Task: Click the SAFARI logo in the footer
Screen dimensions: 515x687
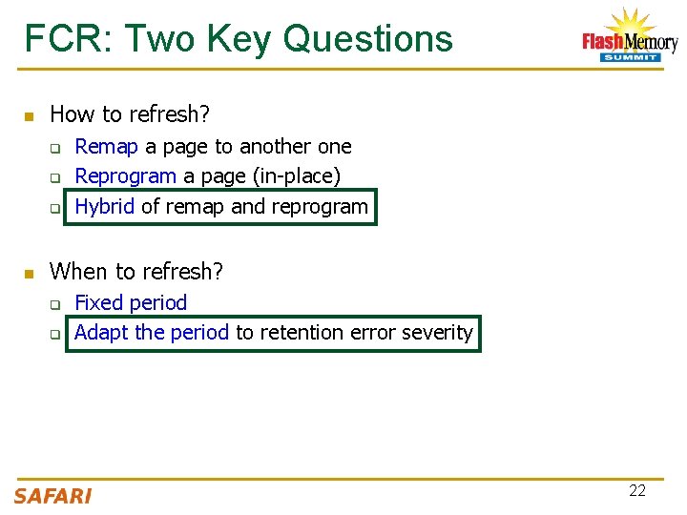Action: [x=52, y=496]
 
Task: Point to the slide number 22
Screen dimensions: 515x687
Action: [x=637, y=490]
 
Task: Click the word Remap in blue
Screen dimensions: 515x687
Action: [x=107, y=147]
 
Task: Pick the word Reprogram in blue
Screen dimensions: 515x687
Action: [x=125, y=176]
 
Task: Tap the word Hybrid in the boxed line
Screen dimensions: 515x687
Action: [x=104, y=206]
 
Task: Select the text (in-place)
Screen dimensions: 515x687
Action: [x=293, y=176]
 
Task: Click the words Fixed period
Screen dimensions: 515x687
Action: [x=131, y=303]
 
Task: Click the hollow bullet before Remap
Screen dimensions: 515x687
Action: [x=55, y=149]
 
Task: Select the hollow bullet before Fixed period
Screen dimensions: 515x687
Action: [x=55, y=305]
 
